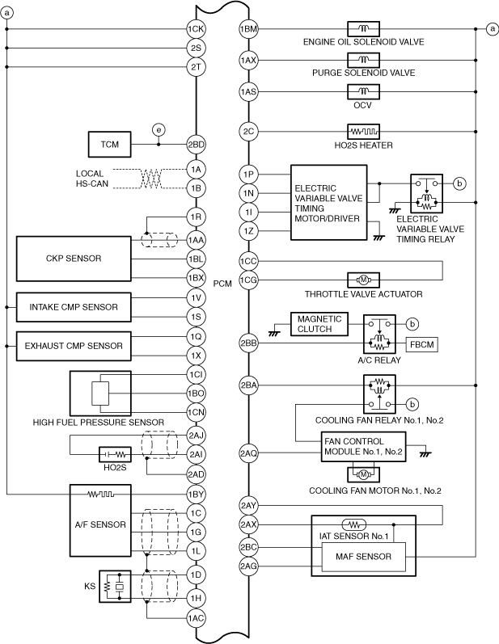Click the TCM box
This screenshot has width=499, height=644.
110,144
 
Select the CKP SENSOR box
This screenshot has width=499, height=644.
74,259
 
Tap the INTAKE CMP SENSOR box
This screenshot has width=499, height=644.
74,307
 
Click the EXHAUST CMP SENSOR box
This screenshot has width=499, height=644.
74,346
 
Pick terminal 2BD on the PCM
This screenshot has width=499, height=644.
196,145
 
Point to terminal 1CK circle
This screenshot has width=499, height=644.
196,29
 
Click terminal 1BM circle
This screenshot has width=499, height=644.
248,29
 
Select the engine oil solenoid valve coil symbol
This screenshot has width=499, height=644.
363,29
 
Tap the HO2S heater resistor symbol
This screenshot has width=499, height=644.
363,132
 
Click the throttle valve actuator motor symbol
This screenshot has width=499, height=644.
363,280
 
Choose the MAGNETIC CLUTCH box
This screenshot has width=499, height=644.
319,324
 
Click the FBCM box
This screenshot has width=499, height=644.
422,344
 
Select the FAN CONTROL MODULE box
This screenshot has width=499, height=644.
363,447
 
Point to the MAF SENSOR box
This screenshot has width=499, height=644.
363,557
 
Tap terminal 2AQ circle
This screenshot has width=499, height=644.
248,453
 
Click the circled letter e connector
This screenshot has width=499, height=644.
159,130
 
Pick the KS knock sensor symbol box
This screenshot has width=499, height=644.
115,587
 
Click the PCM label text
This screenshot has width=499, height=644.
222,284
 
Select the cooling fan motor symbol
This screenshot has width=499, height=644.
363,475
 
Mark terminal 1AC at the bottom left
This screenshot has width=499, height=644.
196,618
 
